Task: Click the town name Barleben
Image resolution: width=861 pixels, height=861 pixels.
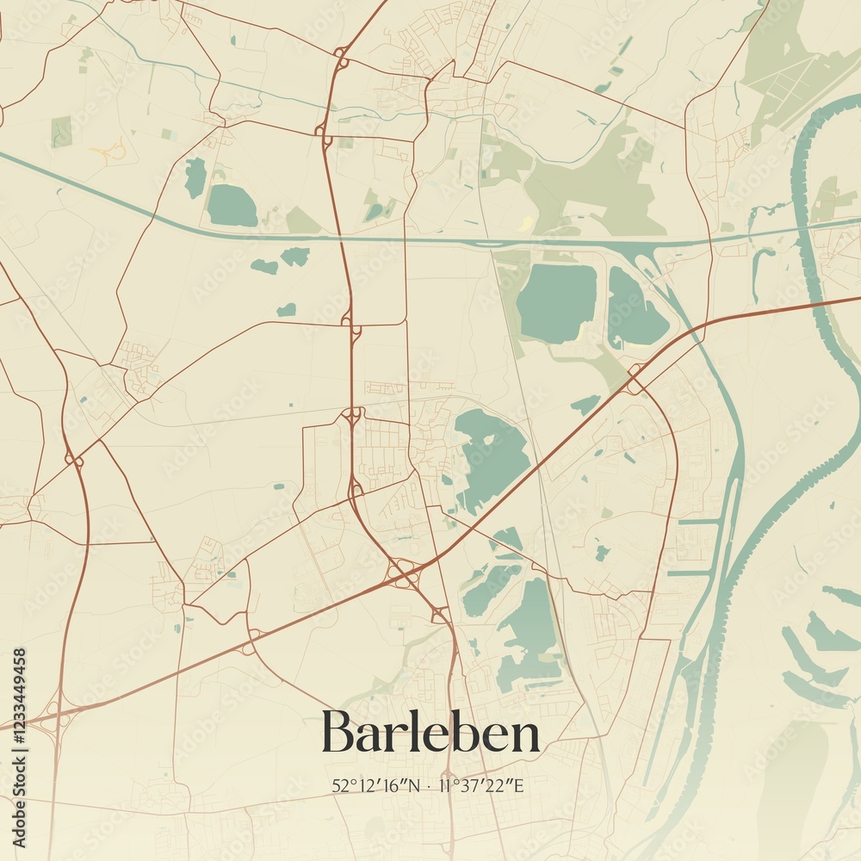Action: pos(430,732)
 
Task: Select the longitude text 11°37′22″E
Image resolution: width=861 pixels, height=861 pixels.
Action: pos(481,785)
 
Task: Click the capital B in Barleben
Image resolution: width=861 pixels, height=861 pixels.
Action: pos(338,732)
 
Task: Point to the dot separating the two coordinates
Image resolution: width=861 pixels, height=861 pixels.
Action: pos(430,785)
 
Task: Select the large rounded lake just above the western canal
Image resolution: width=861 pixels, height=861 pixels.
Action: pos(231,206)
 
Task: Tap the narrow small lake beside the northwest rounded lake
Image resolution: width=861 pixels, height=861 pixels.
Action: pos(195,177)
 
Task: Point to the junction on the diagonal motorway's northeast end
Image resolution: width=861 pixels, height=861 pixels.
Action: pos(635,380)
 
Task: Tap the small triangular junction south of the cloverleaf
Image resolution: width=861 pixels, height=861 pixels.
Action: pos(440,614)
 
